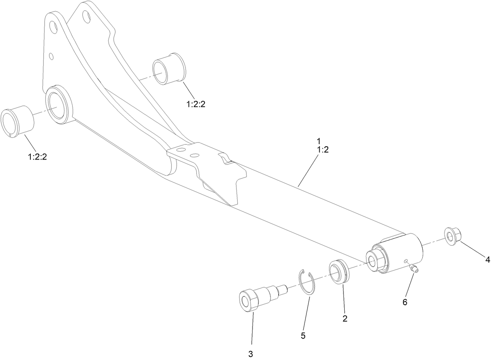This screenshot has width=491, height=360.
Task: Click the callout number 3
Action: click(251, 354)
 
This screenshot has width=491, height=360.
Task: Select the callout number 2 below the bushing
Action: click(345, 318)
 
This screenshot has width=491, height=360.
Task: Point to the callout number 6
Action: click(405, 302)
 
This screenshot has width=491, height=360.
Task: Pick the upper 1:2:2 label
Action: click(196, 105)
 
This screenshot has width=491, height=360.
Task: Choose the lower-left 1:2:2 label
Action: click(37, 157)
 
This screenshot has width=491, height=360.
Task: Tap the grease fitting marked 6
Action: click(413, 268)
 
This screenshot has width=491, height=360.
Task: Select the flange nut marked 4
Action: click(453, 236)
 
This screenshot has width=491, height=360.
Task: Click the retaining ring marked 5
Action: click(308, 281)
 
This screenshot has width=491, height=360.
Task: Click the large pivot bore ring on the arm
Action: click(57, 106)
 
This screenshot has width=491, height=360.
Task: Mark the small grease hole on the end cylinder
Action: click(406, 260)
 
